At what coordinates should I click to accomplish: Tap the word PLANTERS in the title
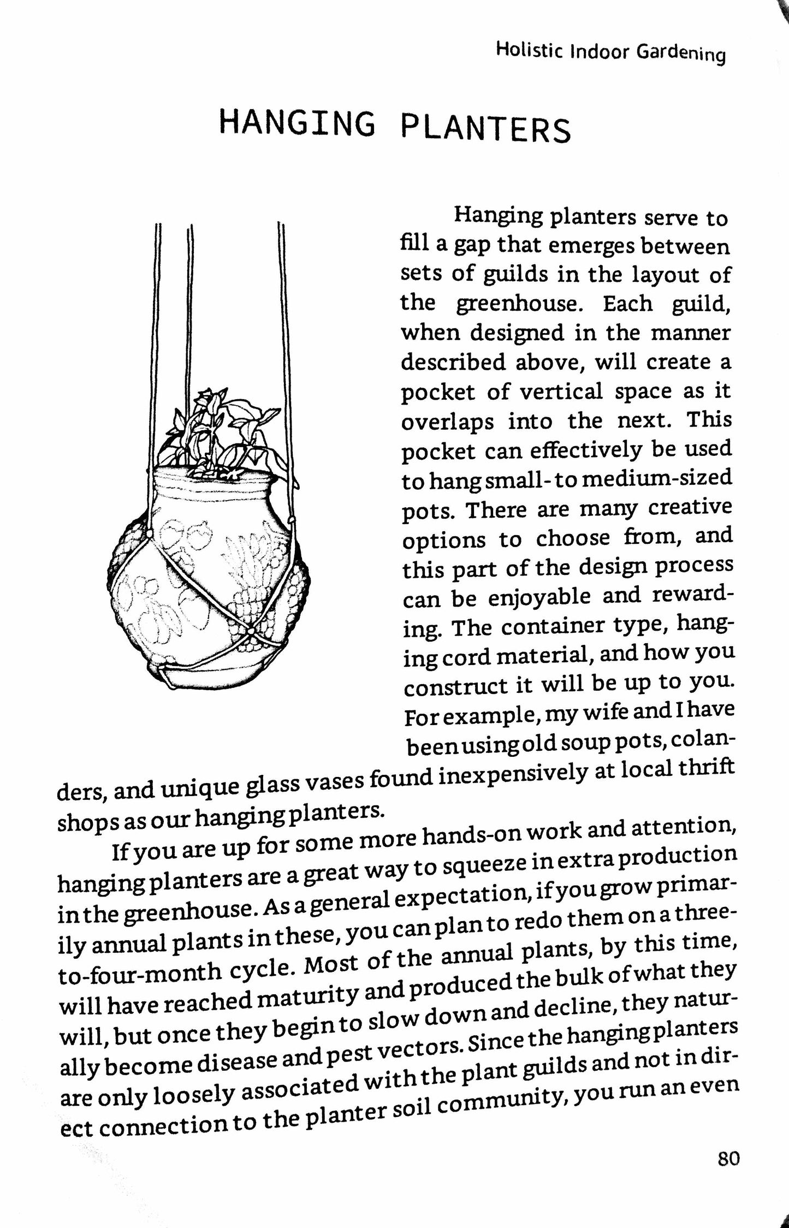[x=486, y=129]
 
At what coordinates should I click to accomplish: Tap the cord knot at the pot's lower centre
[x=250, y=632]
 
